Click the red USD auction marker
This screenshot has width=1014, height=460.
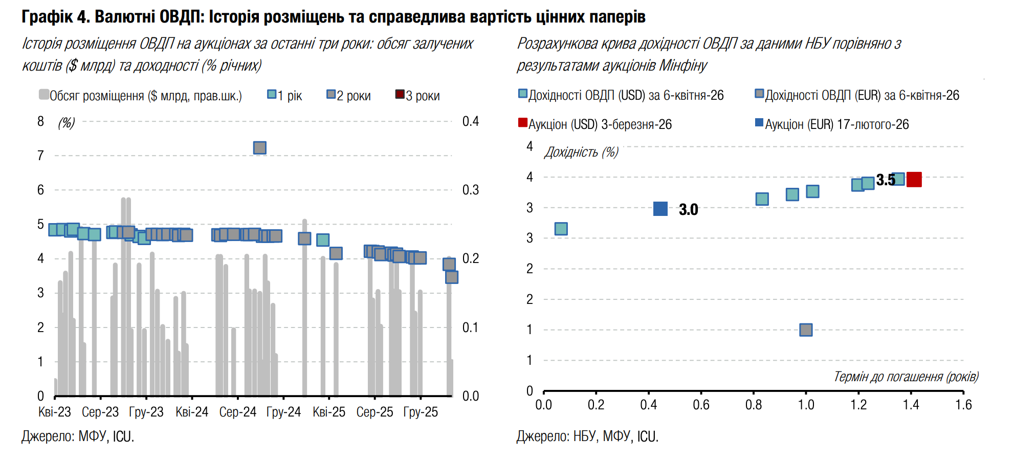914,180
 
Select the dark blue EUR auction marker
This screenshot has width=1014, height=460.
660,209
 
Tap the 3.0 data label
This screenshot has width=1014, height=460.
688,210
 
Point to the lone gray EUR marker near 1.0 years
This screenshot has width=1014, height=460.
806,330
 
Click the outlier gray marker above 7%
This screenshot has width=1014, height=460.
260,148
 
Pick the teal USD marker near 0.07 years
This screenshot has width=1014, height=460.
561,229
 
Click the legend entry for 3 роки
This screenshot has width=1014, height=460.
417,96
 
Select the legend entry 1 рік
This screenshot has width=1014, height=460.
285,96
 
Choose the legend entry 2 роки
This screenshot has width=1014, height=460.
349,96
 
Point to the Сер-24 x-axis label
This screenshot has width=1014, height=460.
237,412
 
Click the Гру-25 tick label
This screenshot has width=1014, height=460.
421,412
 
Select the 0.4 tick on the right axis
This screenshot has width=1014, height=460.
470,121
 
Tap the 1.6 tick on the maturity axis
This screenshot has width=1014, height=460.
963,405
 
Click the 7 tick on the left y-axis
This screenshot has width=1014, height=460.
41,156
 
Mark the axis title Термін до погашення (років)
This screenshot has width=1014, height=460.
906,377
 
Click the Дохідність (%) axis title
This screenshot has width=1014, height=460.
581,152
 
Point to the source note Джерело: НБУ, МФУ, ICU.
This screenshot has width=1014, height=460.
587,436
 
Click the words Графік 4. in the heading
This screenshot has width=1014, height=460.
56,17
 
